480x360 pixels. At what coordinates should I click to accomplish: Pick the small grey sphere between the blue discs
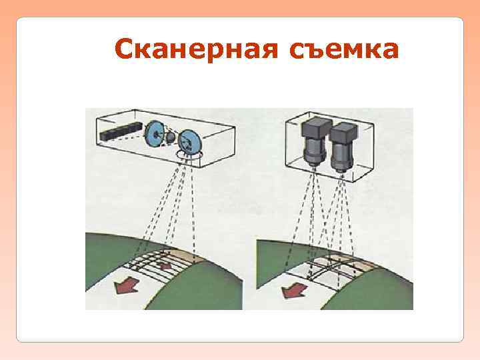[171, 137]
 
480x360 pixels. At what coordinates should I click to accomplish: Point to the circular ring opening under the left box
[188, 156]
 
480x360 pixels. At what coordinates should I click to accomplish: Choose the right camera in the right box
[343, 145]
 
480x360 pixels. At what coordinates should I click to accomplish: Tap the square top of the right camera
[343, 131]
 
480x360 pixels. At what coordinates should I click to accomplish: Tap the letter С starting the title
[124, 49]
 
